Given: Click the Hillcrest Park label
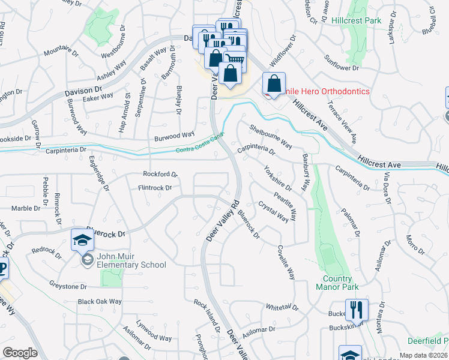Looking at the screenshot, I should tap(356, 20).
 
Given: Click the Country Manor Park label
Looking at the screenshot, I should tap(337, 283).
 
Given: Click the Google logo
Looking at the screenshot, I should tap(20, 352).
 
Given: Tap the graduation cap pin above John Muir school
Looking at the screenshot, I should tap(83, 241).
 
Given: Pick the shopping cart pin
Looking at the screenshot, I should tap(235, 58).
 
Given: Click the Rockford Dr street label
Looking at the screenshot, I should tap(160, 175).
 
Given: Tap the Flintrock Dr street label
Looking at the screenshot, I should tap(155, 188).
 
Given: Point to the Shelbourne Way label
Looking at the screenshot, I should tap(271, 136).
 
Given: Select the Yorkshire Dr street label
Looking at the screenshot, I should tap(277, 179).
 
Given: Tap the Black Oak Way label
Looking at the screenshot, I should tap(100, 301).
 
